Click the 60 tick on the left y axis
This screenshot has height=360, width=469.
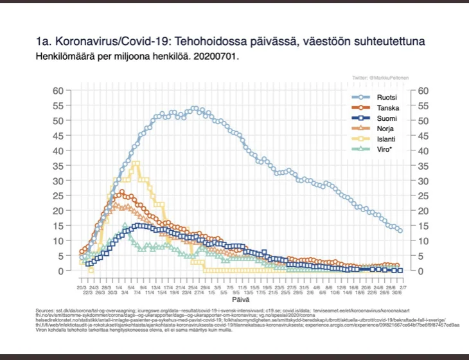67,90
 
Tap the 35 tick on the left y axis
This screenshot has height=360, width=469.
67,165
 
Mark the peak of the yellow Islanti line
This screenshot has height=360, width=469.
136,163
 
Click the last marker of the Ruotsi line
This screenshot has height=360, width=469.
400,230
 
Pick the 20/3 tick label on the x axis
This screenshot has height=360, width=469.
82,286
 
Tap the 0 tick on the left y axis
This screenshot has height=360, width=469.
69,271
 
